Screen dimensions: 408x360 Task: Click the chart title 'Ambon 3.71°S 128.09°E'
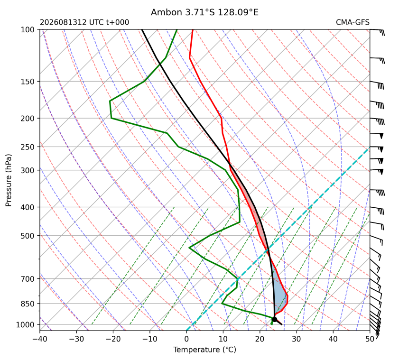204,12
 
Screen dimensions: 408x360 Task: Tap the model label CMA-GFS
352,22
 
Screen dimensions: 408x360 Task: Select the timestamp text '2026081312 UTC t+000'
84,22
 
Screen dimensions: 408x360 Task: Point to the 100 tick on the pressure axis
28,30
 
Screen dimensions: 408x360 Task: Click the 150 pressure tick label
28,82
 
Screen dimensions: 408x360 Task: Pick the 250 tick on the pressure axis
28,147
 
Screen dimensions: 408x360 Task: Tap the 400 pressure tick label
28,207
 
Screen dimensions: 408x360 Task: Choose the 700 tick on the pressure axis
28,279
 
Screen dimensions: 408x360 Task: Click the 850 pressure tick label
28,304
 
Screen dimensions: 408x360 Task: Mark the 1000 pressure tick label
26,324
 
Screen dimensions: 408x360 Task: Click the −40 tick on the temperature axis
40,339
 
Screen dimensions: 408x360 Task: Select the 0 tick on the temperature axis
186,339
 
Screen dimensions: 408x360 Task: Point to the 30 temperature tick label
297,339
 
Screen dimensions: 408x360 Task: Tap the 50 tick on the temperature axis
370,339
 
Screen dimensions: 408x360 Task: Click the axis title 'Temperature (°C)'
205,350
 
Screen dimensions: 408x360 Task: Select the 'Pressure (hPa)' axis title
9,180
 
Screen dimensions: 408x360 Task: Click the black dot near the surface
274,319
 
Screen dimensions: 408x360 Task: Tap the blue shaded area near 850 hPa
280,299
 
